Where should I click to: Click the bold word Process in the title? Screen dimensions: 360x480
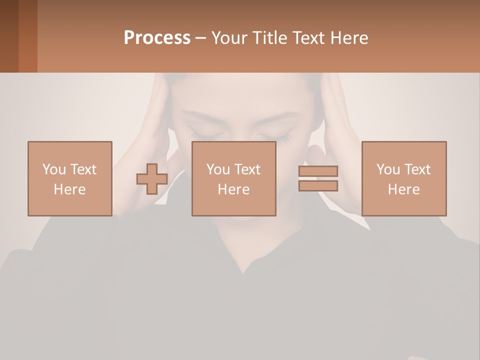(x=157, y=38)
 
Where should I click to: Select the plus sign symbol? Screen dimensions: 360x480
(x=152, y=179)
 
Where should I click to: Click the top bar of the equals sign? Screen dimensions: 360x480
(x=318, y=171)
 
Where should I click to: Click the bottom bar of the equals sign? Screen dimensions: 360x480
(x=318, y=186)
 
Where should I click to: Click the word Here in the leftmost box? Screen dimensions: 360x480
(x=69, y=189)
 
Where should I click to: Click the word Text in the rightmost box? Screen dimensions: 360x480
(x=418, y=169)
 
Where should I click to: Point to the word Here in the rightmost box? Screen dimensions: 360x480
(x=403, y=189)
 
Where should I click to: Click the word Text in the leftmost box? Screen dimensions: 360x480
(x=84, y=169)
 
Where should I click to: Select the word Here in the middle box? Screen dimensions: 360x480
(x=233, y=189)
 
